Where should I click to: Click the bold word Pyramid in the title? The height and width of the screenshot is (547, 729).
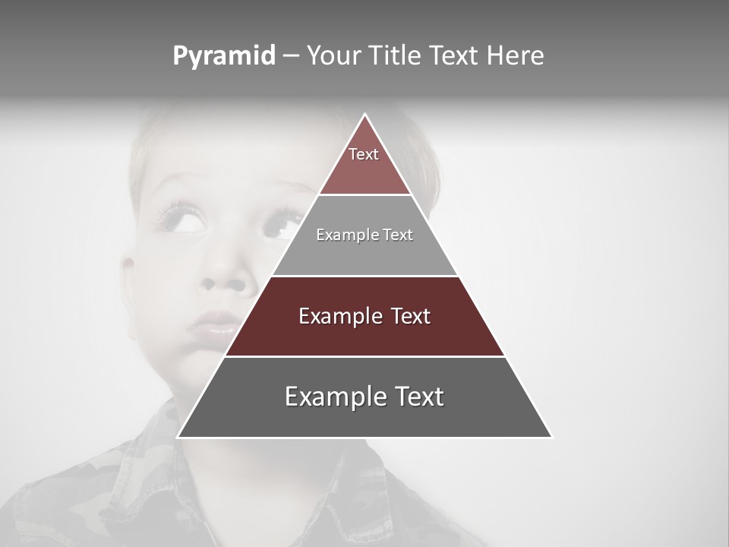(223, 56)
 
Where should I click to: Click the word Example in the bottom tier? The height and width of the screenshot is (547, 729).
(333, 397)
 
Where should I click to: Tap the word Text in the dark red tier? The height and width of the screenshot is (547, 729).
(410, 316)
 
